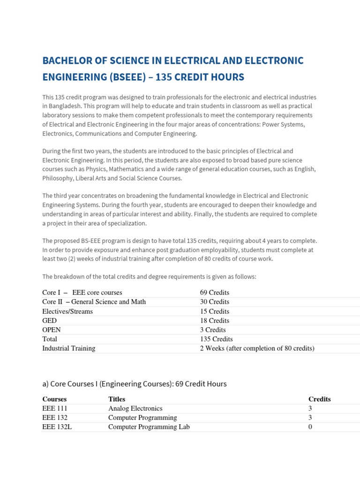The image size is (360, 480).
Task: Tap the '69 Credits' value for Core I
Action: click(x=214, y=292)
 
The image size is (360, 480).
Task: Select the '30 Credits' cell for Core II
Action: click(x=214, y=302)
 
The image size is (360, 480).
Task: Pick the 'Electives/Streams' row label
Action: click(x=67, y=311)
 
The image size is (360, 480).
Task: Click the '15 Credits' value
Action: click(x=214, y=311)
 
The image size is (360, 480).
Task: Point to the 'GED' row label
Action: click(x=49, y=321)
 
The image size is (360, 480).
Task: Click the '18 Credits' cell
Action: click(x=214, y=321)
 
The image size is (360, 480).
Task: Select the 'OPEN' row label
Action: click(x=52, y=330)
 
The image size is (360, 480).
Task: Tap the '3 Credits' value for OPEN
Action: click(x=213, y=330)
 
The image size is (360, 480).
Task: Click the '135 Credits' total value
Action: click(x=216, y=339)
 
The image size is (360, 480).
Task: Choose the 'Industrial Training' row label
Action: click(x=68, y=348)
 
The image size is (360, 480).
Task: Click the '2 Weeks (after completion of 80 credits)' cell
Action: click(x=257, y=348)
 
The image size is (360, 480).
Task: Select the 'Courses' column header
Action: click(x=54, y=399)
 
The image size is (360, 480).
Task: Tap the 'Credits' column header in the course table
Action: click(x=319, y=399)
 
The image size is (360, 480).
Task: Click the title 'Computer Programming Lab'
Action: click(x=149, y=427)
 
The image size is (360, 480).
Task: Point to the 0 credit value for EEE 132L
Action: click(x=310, y=427)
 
